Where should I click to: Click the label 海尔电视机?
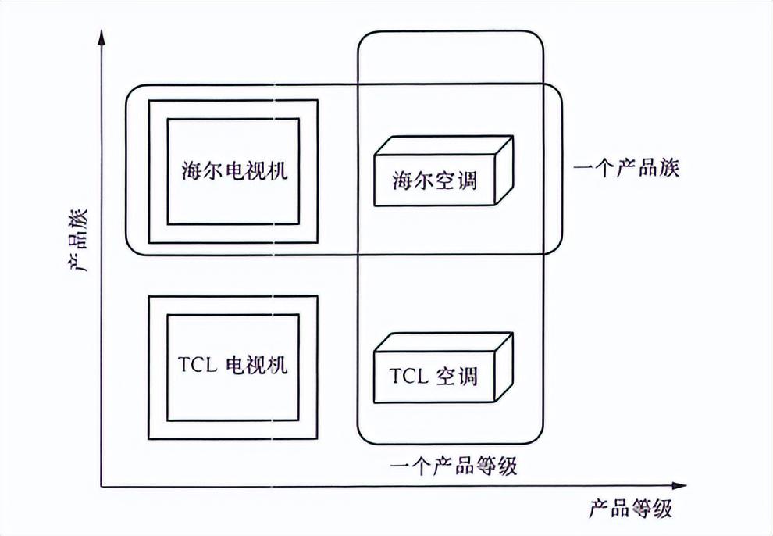tap(233, 171)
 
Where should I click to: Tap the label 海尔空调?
tap(434, 181)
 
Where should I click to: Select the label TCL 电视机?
tap(232, 364)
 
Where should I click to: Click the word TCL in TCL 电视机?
tap(196, 364)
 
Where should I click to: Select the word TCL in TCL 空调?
tap(408, 377)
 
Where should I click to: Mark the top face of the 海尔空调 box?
tap(444, 146)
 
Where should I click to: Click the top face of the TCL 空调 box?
tap(444, 342)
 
